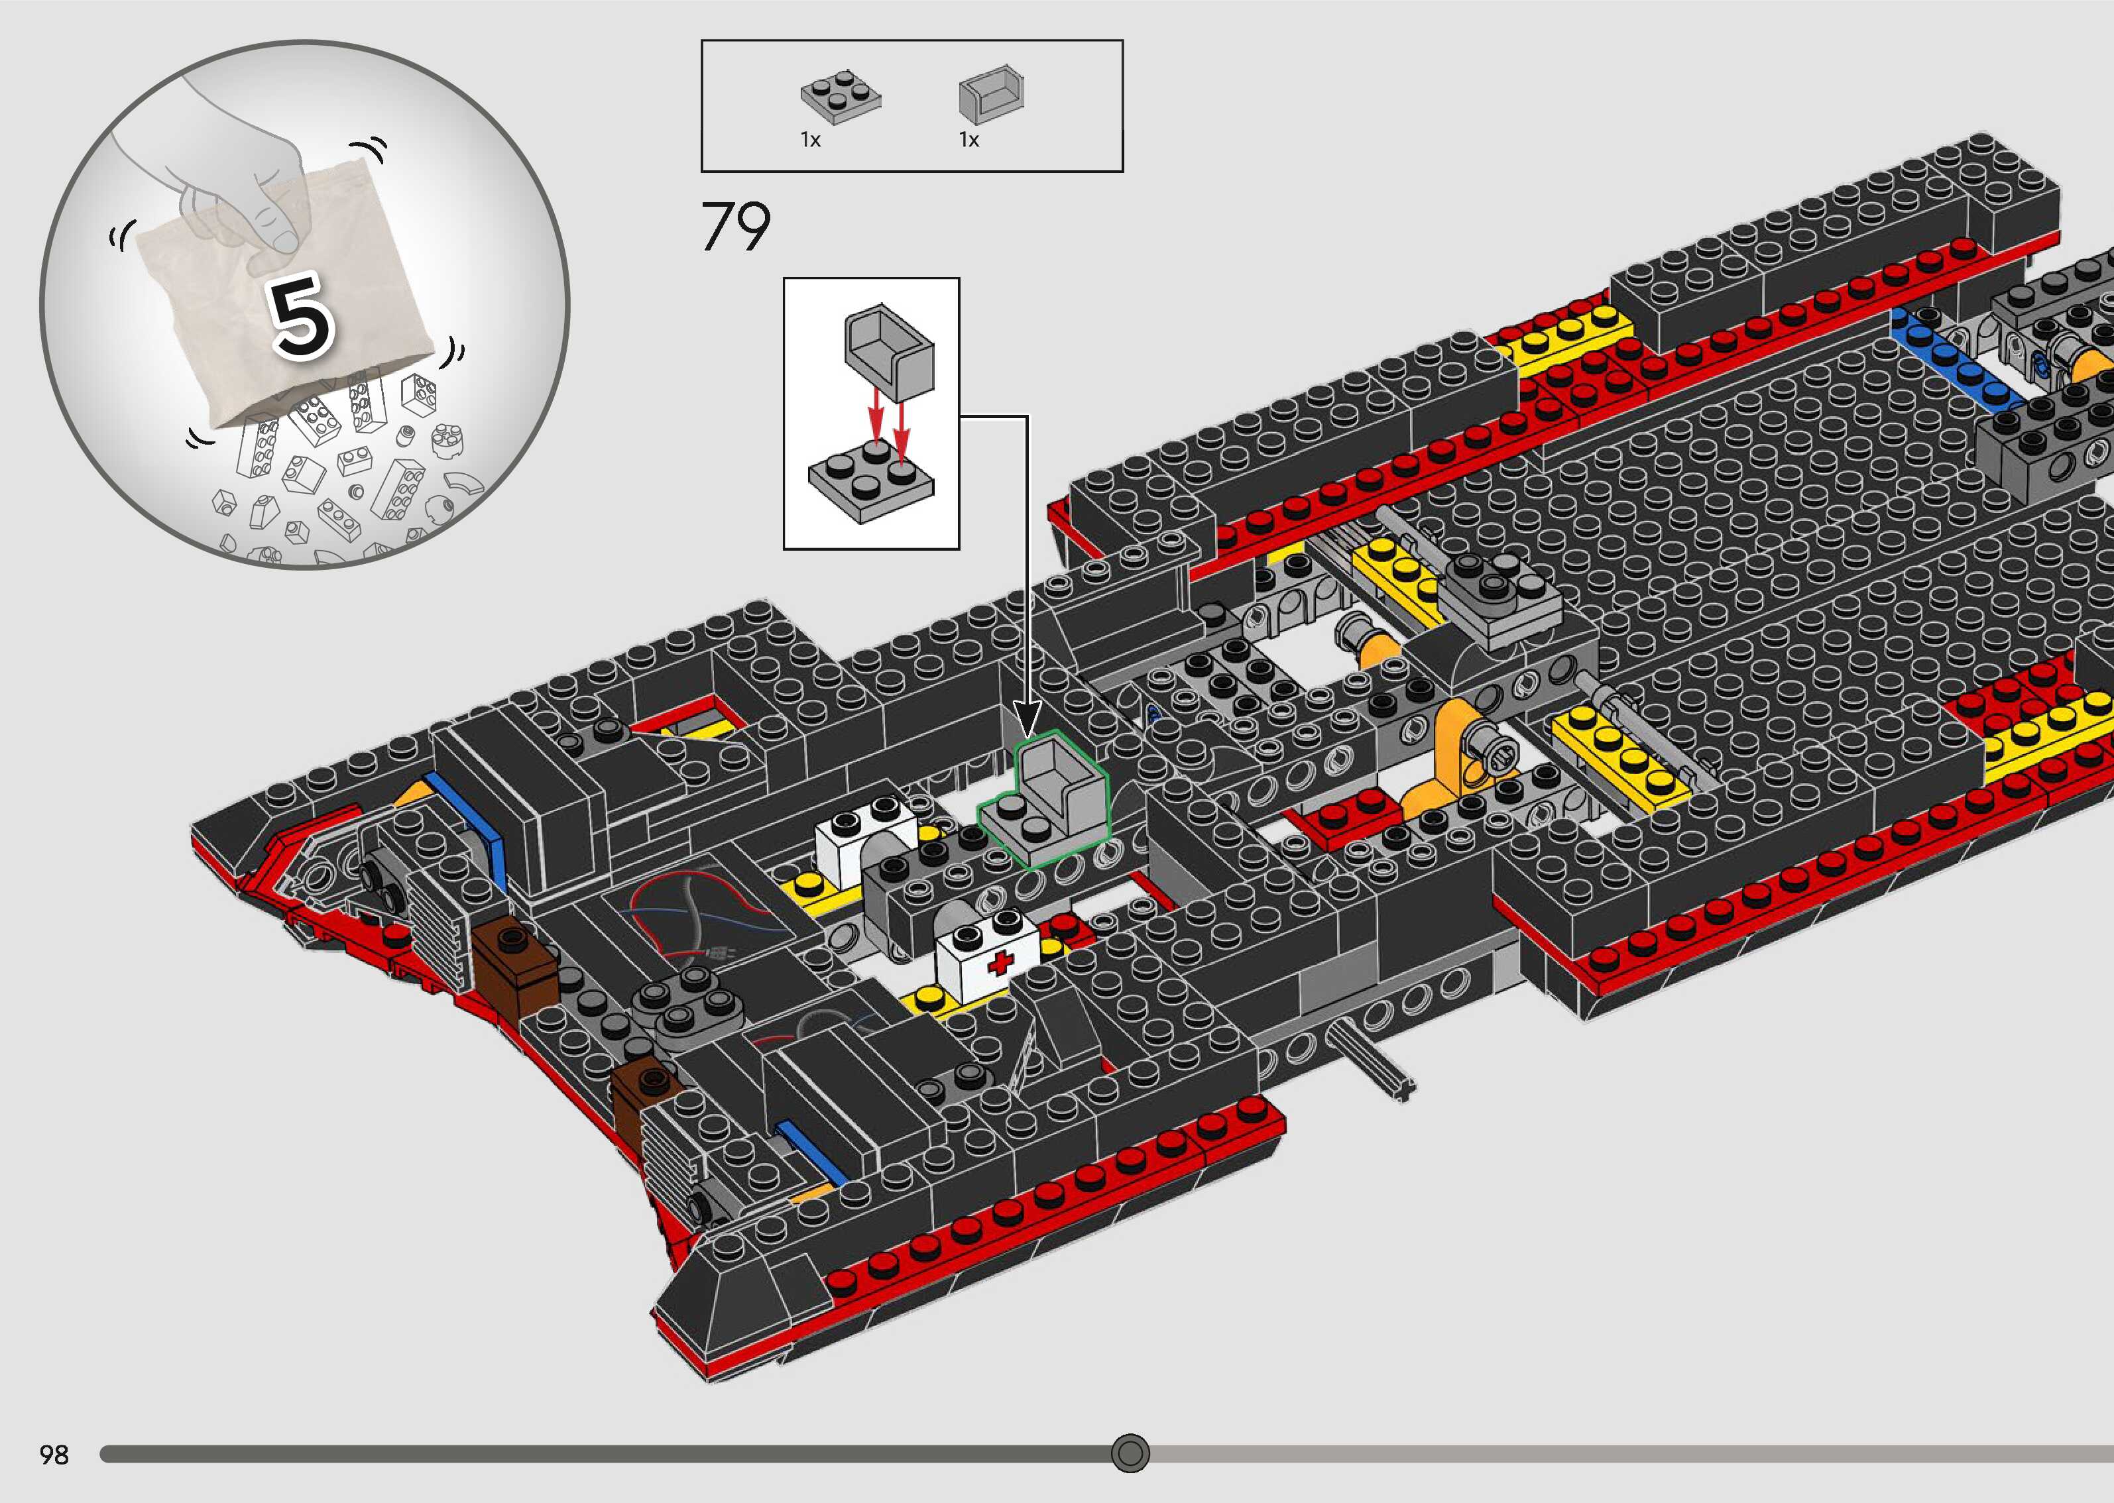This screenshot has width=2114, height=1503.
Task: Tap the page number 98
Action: point(54,1455)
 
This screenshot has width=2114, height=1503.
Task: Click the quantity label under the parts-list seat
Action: point(968,140)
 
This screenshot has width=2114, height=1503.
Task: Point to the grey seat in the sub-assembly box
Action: point(888,352)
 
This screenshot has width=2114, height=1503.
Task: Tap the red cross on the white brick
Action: point(1000,962)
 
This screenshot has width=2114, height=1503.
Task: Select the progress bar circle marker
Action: point(1129,1453)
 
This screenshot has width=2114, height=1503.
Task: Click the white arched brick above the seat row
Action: point(865,838)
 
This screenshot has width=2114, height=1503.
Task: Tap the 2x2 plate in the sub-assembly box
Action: point(870,481)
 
